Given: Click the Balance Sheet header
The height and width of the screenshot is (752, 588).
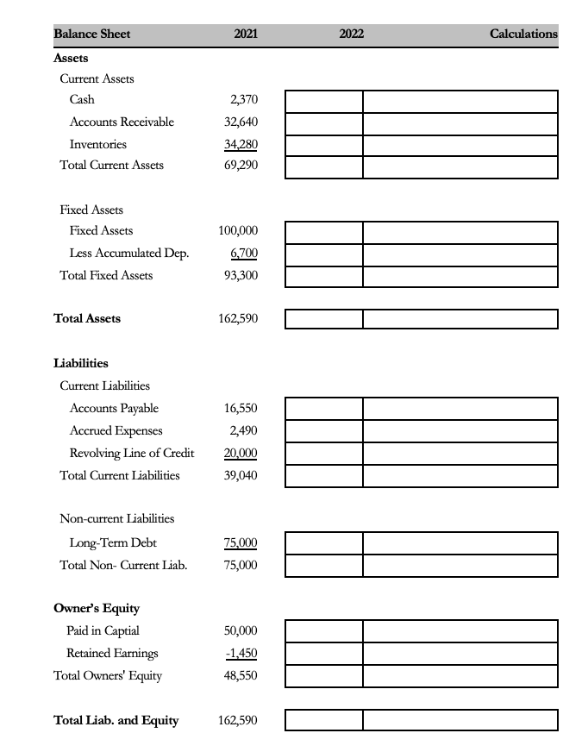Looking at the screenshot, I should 92,34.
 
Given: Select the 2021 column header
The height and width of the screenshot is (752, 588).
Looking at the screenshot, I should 246,34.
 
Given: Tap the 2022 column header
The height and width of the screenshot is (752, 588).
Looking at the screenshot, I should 351,34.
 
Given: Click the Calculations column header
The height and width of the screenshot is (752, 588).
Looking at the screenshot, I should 522,34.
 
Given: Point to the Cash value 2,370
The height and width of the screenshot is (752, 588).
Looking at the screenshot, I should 243,100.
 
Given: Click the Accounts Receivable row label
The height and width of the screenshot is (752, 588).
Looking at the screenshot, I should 122,122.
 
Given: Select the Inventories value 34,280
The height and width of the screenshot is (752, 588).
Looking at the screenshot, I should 241,144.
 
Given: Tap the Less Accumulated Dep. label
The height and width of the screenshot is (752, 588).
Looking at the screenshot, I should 129,254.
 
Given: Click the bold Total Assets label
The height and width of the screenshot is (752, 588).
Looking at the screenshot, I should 87,319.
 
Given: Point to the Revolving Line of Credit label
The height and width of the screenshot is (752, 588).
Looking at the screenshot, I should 132,453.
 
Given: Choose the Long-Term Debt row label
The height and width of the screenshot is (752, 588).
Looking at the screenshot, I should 113,542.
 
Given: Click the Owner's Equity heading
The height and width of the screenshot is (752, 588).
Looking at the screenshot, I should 97,608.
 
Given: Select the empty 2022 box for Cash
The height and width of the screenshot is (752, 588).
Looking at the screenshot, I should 324,100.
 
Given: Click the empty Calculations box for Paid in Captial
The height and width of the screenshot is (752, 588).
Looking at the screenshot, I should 460,630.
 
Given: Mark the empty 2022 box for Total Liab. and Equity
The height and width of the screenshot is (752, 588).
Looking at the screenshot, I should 324,719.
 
